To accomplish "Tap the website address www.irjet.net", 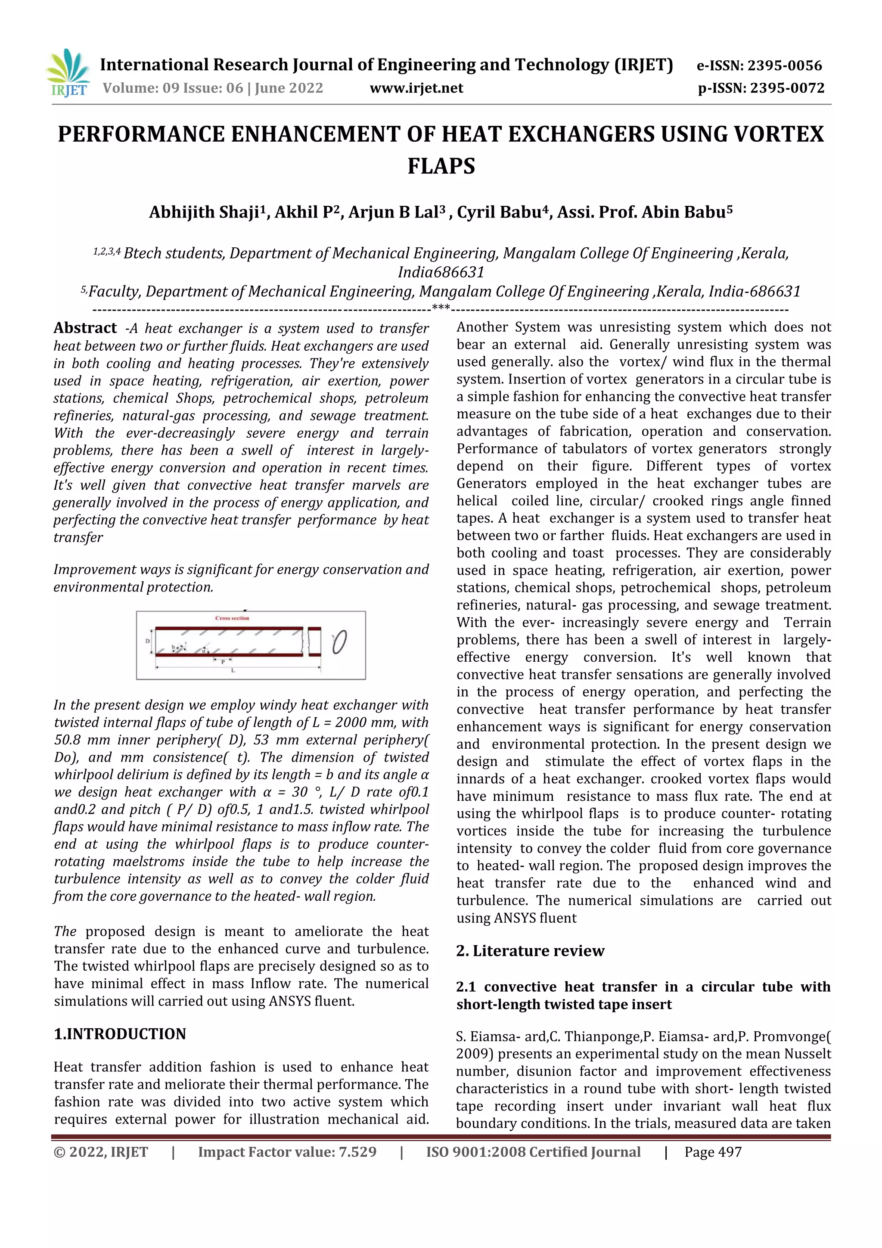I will pos(416,88).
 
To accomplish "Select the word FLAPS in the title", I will pos(441,166).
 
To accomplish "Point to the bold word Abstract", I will pos(85,328).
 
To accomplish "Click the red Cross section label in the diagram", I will pos(232,618).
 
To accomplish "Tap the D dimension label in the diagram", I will pos(147,641).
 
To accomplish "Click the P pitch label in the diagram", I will pos(223,662).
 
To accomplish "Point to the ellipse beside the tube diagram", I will pos(340,642).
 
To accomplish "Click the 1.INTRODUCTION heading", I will pos(120,1034).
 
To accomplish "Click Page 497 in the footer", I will pos(713,1152).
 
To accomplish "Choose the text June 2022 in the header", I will pos(289,88).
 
